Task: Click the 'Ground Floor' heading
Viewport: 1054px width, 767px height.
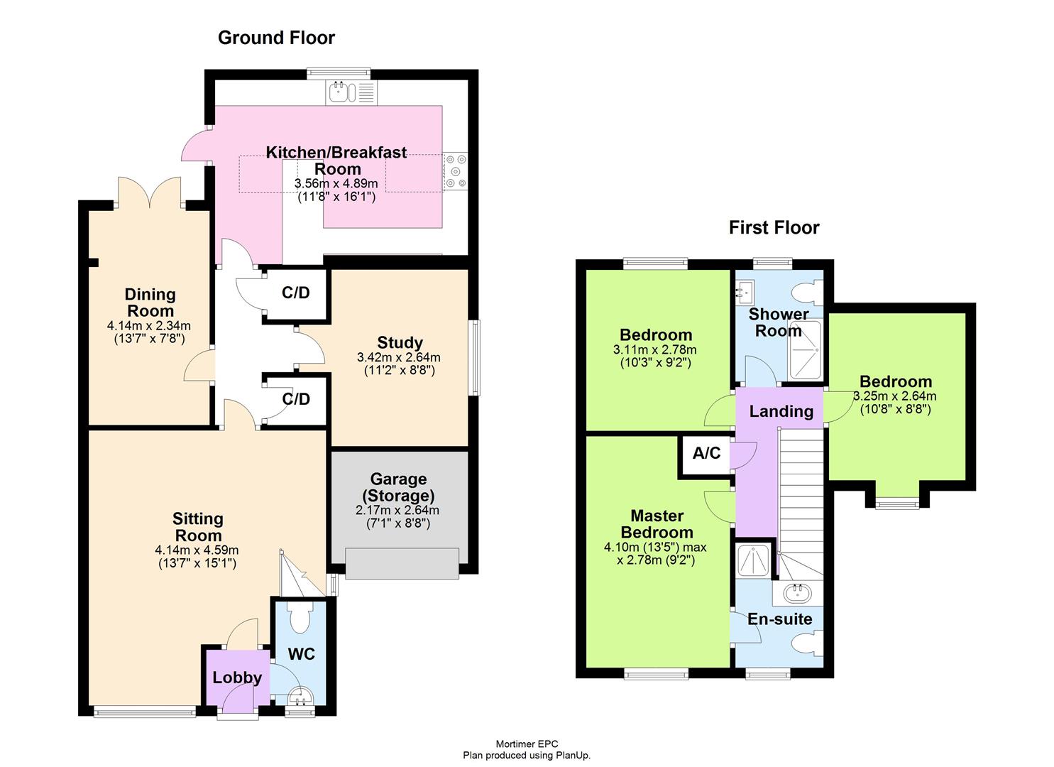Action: tap(276, 38)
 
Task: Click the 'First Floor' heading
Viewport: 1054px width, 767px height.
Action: tap(774, 228)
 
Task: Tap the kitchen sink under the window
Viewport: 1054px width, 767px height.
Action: tap(341, 92)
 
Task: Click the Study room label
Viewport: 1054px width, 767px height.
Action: tap(400, 343)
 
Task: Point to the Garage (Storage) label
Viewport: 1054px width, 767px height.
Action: tap(398, 487)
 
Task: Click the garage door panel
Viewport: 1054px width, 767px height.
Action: tap(402, 563)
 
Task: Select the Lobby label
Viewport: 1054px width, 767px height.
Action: tap(237, 678)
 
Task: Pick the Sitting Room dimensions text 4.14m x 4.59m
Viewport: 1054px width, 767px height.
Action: tap(197, 550)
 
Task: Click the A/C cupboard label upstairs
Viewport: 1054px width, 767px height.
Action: tap(706, 453)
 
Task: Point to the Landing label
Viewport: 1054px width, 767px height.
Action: tap(781, 411)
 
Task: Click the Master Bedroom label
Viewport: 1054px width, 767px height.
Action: tap(657, 524)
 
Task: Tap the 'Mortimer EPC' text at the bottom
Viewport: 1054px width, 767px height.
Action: tap(527, 744)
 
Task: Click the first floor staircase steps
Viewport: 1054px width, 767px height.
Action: tap(800, 490)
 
